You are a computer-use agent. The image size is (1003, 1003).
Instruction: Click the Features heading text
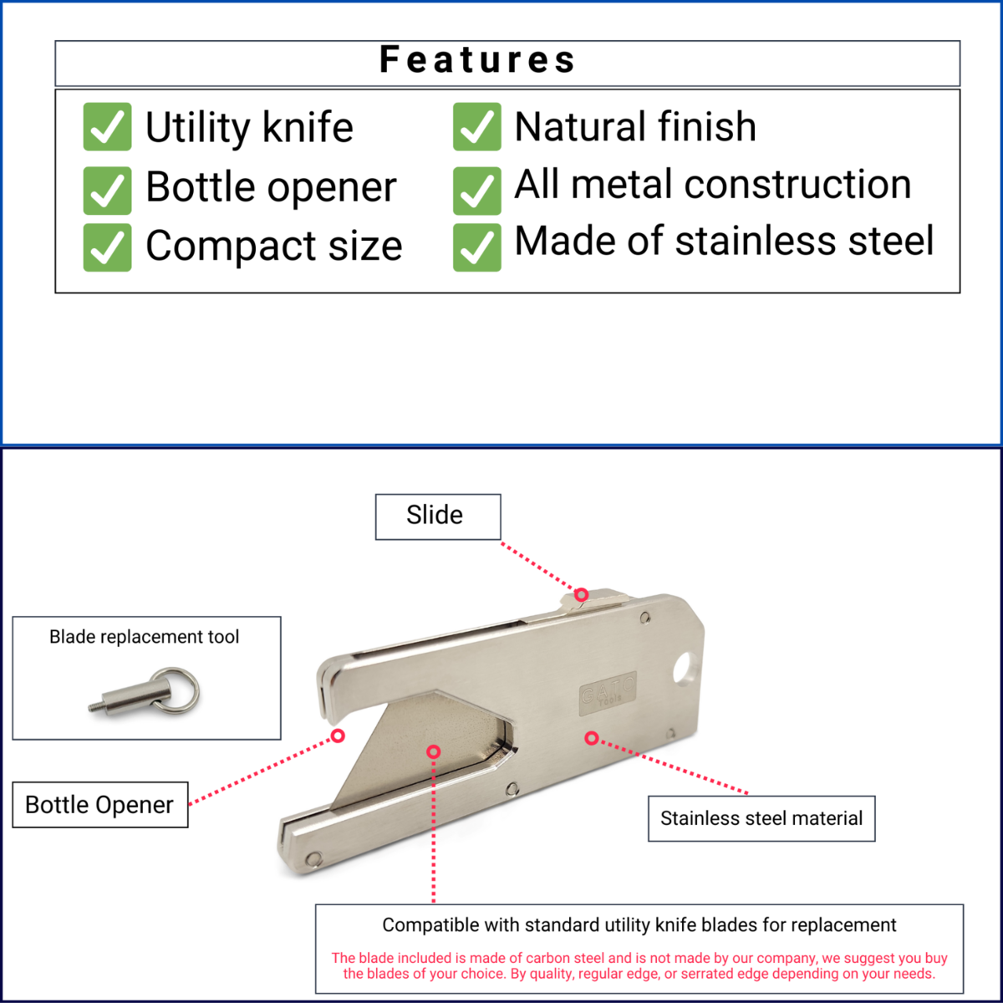click(x=477, y=59)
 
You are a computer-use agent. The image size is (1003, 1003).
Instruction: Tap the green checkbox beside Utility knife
click(x=107, y=126)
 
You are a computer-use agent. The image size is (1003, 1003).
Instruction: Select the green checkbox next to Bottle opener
click(x=107, y=191)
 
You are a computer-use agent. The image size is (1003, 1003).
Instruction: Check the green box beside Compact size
click(x=107, y=247)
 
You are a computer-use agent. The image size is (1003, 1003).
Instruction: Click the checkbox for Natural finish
click(x=476, y=126)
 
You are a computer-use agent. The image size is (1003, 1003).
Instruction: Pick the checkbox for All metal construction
click(x=476, y=191)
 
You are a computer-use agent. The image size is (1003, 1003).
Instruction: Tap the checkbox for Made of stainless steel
click(x=476, y=247)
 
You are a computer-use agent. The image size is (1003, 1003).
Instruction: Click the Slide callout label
click(x=438, y=517)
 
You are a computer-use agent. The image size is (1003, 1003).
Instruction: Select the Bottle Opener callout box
click(x=100, y=805)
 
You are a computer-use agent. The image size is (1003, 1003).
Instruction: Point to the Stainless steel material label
click(x=761, y=818)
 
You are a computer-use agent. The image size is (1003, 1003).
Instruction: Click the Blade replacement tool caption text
click(x=144, y=637)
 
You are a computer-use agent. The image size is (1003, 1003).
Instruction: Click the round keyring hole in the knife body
click(x=684, y=668)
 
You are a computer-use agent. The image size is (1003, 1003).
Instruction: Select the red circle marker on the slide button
click(x=582, y=594)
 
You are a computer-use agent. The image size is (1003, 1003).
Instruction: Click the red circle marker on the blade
click(x=434, y=751)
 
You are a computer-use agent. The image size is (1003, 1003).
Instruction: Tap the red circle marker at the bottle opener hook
click(x=338, y=736)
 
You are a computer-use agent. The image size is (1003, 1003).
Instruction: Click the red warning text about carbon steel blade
click(x=639, y=965)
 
